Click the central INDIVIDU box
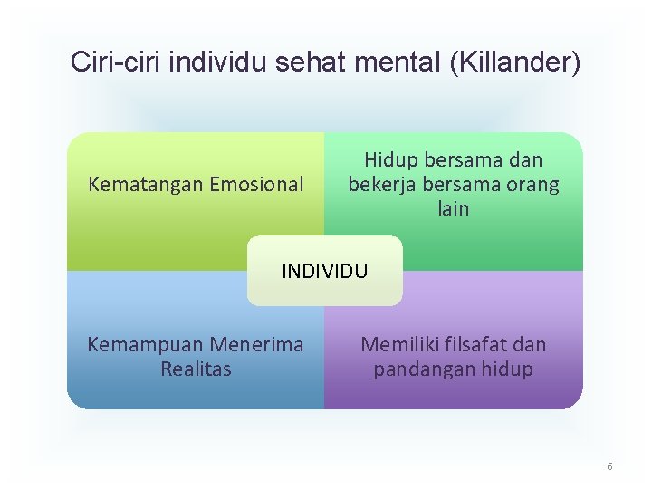click(x=325, y=271)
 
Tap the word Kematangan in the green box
click(x=146, y=185)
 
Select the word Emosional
click(x=256, y=185)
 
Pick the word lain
click(x=454, y=209)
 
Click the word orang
click(x=532, y=185)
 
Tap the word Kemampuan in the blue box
click(x=145, y=345)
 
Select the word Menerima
click(x=257, y=345)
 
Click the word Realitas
click(x=196, y=369)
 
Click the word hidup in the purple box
click(x=509, y=369)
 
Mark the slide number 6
click(x=609, y=466)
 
